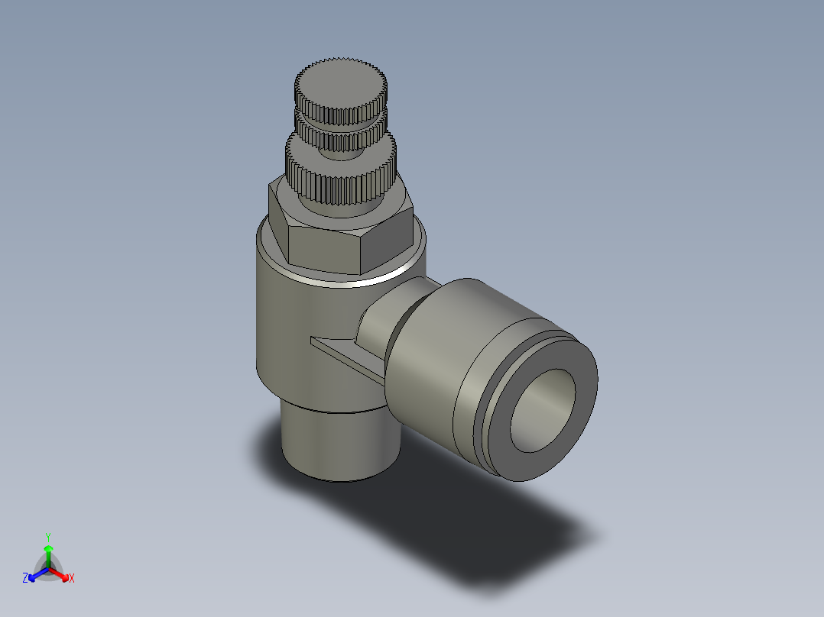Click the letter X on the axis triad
tap(72, 578)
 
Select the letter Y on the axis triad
tap(48, 537)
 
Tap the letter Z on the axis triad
tap(25, 578)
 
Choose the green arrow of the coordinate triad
tap(48, 553)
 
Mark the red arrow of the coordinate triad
tap(61, 574)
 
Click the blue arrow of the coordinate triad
tap(35, 574)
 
